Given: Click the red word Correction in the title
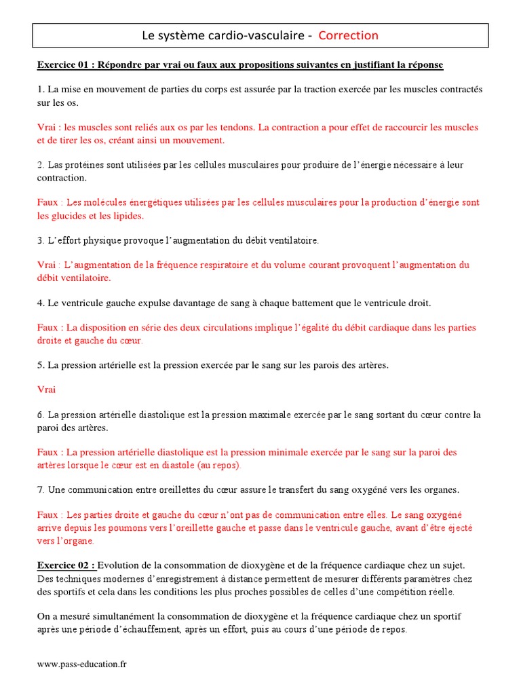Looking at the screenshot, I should coord(348,35).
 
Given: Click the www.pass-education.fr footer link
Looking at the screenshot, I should coord(81,664).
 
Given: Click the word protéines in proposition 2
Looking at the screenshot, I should coord(79,165).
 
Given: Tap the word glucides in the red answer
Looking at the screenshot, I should coord(69,216).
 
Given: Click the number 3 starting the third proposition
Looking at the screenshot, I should coord(40,240).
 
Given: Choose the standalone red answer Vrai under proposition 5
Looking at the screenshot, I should coord(47,390).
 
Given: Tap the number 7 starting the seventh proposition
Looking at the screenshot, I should coord(40,490).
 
